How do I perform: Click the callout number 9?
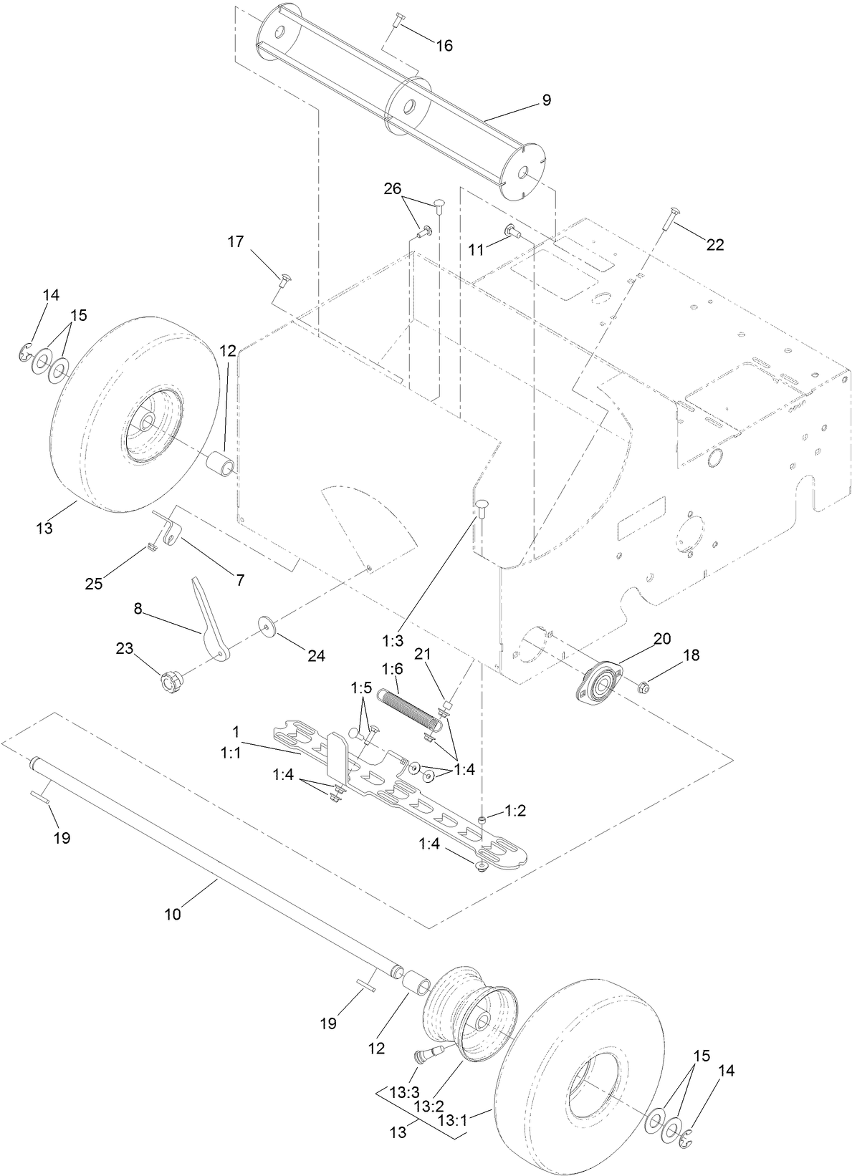pyautogui.click(x=546, y=101)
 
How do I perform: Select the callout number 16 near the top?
pyautogui.click(x=444, y=46)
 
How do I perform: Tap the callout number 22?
pyautogui.click(x=714, y=245)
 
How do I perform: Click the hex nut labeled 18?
pyautogui.click(x=643, y=688)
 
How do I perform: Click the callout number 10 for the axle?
pyautogui.click(x=173, y=914)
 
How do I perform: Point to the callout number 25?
pyautogui.click(x=93, y=583)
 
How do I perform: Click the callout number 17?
pyautogui.click(x=236, y=242)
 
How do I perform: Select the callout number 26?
pyautogui.click(x=392, y=189)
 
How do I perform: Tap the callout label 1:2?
pyautogui.click(x=515, y=811)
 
